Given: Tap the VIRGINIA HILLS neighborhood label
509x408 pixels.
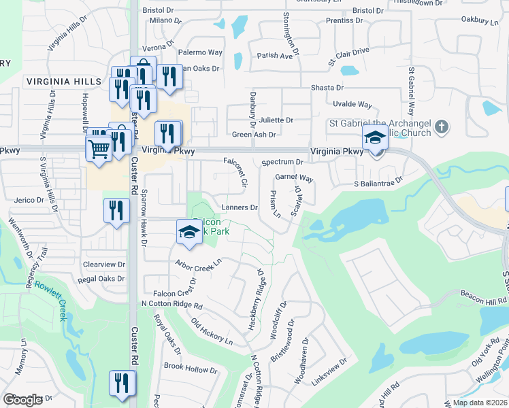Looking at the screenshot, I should [x=64, y=82].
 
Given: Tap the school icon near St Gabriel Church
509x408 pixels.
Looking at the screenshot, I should [x=375, y=137].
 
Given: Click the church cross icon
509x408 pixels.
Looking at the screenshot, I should [x=442, y=126].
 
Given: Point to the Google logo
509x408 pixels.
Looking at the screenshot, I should [x=23, y=400].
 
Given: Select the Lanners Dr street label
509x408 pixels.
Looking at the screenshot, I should [x=240, y=207].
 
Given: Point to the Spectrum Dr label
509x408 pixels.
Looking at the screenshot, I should [x=282, y=163].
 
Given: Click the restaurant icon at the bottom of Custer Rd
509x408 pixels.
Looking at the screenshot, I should [x=122, y=381].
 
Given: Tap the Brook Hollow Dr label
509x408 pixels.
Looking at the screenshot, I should [x=191, y=368].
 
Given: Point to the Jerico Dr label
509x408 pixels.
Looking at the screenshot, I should [x=29, y=201].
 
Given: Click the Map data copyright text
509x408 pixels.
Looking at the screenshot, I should [x=480, y=403].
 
